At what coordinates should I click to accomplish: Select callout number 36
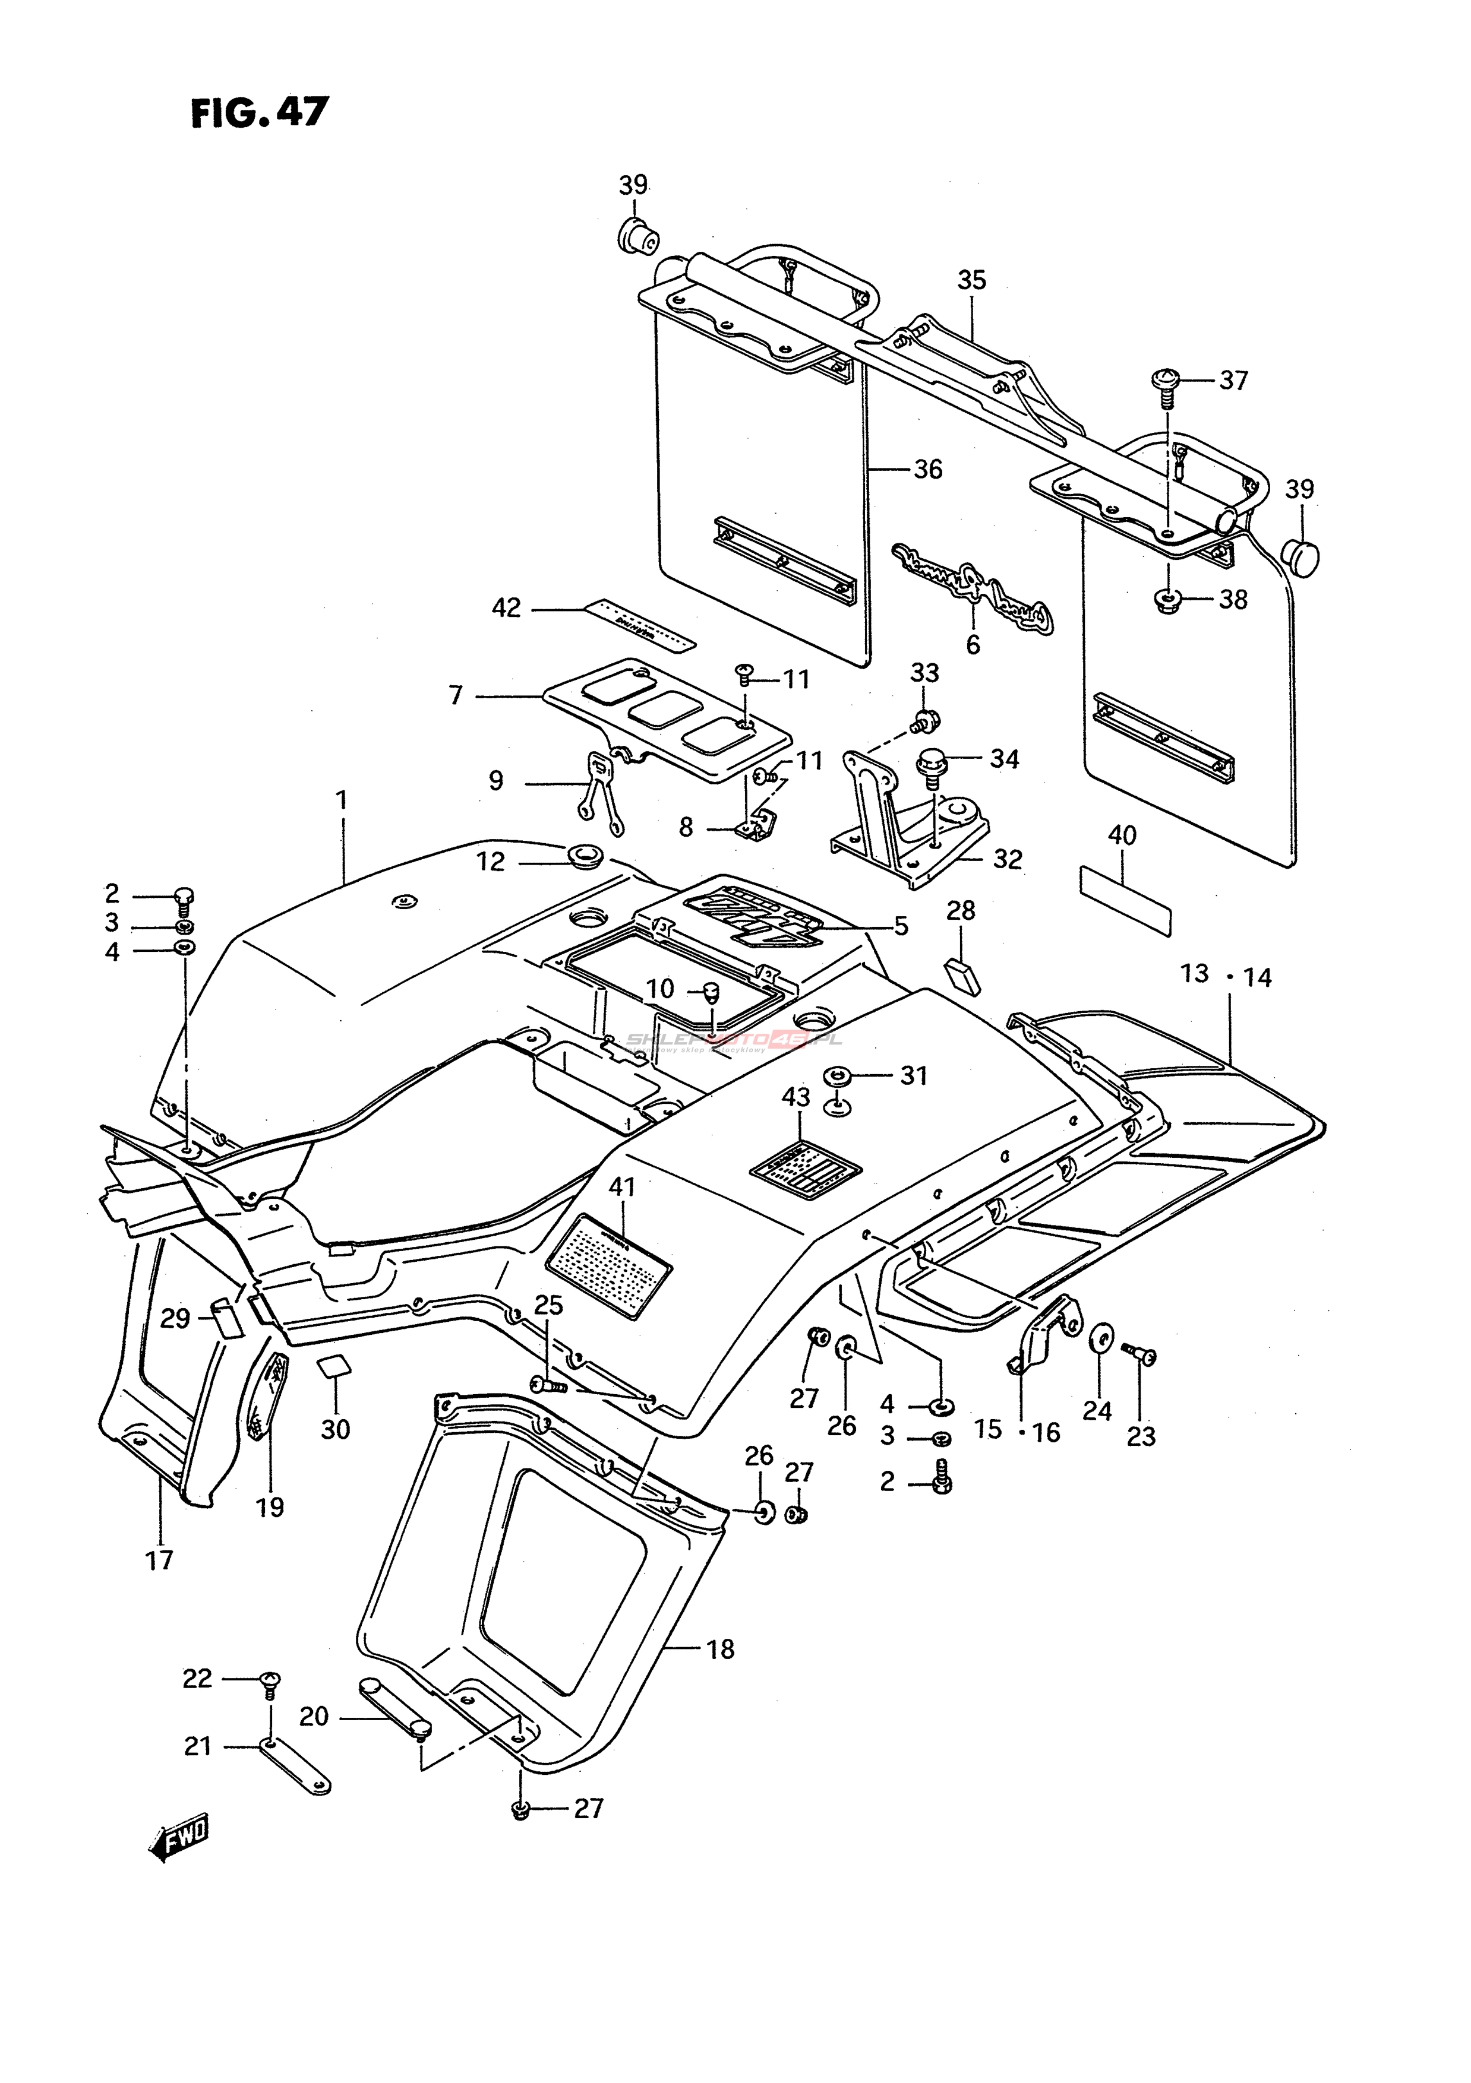(927, 469)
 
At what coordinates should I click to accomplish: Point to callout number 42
(506, 608)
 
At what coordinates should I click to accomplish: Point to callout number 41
(623, 1186)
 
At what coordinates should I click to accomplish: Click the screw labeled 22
(270, 1681)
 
